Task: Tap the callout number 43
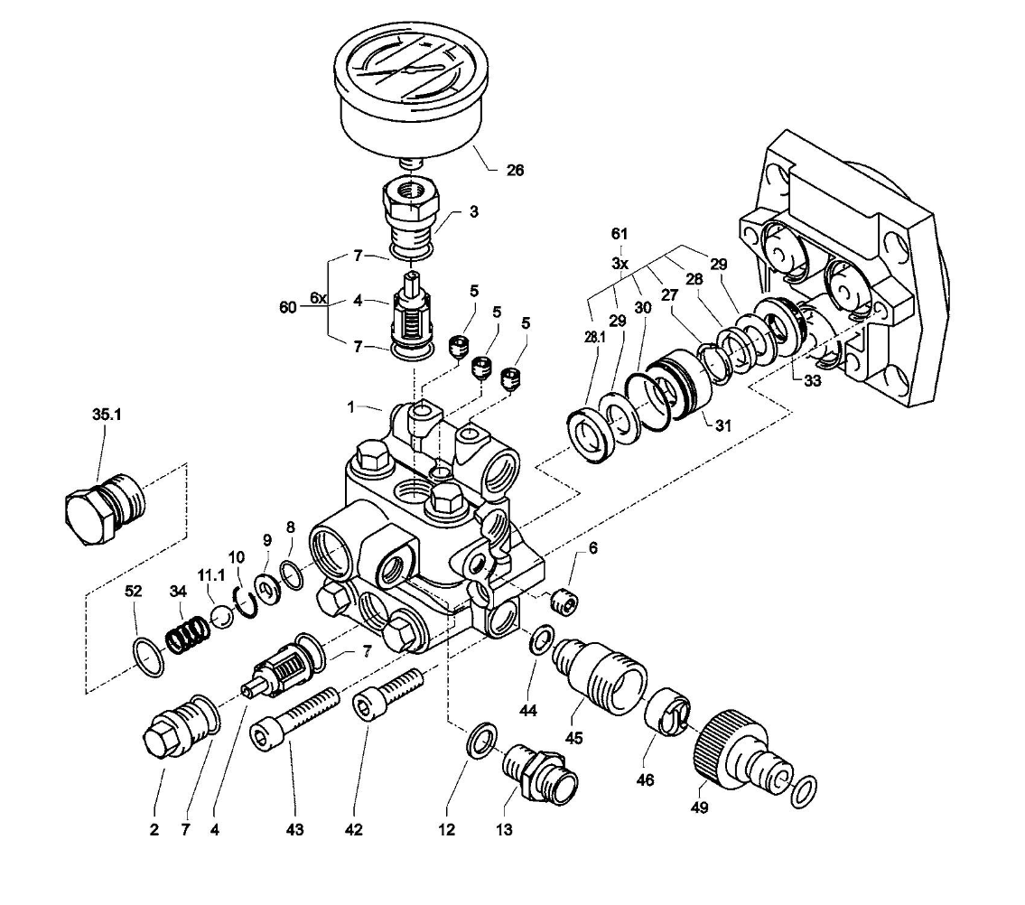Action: [x=294, y=830]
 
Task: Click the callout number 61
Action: [x=619, y=234]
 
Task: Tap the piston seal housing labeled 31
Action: [x=675, y=387]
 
